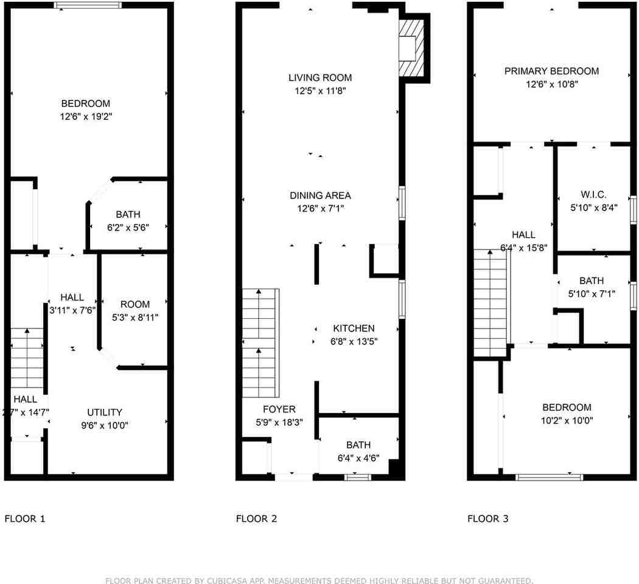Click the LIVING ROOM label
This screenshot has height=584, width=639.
(320, 78)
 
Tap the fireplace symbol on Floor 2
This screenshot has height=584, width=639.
(411, 48)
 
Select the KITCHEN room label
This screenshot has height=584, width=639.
(354, 328)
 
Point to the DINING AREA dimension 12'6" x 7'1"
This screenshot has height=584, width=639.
(320, 209)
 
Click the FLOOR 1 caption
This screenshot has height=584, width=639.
(25, 518)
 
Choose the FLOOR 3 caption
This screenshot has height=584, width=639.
(488, 518)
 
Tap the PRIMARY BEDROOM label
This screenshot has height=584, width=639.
(552, 71)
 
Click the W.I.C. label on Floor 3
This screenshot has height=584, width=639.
(593, 195)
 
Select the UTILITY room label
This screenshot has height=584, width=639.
(104, 412)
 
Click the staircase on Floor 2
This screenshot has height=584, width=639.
(261, 343)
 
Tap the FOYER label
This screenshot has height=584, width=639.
(279, 409)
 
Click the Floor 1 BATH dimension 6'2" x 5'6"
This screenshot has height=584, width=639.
(128, 228)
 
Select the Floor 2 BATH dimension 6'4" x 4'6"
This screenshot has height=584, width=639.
(358, 458)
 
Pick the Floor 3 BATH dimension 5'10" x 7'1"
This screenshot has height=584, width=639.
(592, 294)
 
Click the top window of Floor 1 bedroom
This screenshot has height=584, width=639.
(88, 5)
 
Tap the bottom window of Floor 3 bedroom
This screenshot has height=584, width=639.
(549, 478)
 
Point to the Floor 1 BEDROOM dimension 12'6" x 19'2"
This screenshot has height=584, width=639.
(86, 116)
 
